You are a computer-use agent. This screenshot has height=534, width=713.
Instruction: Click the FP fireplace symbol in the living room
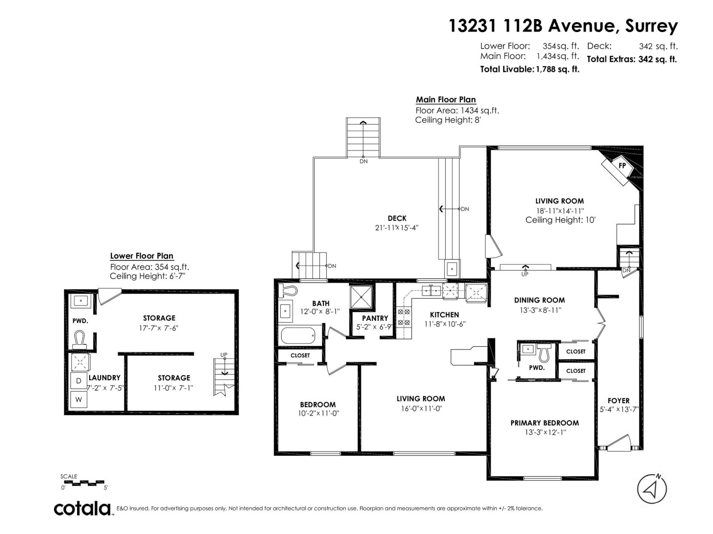pyautogui.click(x=621, y=166)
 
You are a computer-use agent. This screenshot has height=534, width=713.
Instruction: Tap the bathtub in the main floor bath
pyautogui.click(x=298, y=336)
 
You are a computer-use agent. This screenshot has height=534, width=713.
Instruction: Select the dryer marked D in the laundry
pyautogui.click(x=79, y=380)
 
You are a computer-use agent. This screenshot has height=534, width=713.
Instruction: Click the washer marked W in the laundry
pyautogui.click(x=79, y=400)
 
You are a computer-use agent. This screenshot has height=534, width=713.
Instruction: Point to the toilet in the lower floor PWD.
pyautogui.click(x=80, y=338)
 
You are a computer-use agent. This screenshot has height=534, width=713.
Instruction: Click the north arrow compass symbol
pyautogui.click(x=652, y=489)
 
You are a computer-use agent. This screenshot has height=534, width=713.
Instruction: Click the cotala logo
pyautogui.click(x=83, y=508)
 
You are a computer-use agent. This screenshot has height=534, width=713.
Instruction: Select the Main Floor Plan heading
pyautogui.click(x=446, y=100)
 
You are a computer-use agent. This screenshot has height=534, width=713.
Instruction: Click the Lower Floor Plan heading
pyautogui.click(x=142, y=256)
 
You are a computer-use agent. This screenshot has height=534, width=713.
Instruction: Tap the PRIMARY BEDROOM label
pyautogui.click(x=545, y=423)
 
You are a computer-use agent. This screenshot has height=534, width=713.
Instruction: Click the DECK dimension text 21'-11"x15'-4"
pyautogui.click(x=397, y=228)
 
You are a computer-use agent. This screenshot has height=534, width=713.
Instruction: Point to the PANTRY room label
pyautogui.click(x=375, y=318)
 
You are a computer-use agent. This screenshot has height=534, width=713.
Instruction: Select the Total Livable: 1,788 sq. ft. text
pyautogui.click(x=529, y=69)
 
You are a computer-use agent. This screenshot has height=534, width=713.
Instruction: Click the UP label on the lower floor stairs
pyautogui.click(x=224, y=355)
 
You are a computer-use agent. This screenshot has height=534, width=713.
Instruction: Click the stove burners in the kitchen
pyautogui.click(x=404, y=317)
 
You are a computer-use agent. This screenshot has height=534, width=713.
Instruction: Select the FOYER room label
pyautogui.click(x=618, y=400)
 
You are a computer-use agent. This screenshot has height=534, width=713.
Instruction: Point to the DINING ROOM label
pyautogui.click(x=539, y=300)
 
